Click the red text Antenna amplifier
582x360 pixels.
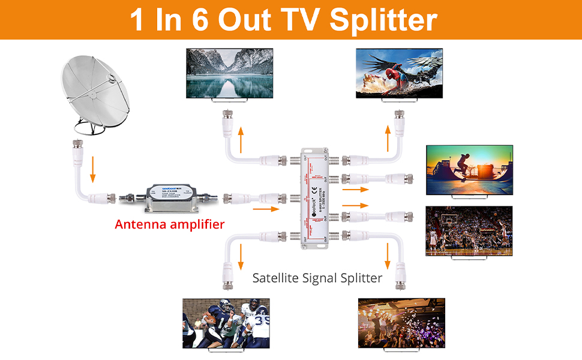170,224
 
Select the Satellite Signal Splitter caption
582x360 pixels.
317,278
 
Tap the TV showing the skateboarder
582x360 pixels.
469,170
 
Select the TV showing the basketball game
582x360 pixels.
469,231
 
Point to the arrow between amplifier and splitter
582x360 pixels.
266,209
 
